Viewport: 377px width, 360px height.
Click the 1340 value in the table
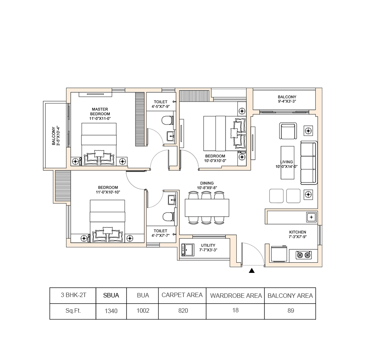coord(111,311)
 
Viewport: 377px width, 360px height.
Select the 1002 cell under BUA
coord(143,310)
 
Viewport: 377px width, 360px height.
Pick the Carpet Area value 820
coord(183,310)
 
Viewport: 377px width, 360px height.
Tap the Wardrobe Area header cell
coord(236,296)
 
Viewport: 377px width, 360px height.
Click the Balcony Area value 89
coord(291,310)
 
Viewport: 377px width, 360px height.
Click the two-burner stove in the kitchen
coord(303,255)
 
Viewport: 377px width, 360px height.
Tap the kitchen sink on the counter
coord(311,217)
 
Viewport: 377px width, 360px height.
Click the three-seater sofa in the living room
coord(308,163)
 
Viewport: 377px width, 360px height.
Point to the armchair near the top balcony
coord(288,131)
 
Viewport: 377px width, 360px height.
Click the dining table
coord(207,208)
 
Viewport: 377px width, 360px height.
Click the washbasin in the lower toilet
coord(172,200)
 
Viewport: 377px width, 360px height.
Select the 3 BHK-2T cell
coord(73,295)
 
